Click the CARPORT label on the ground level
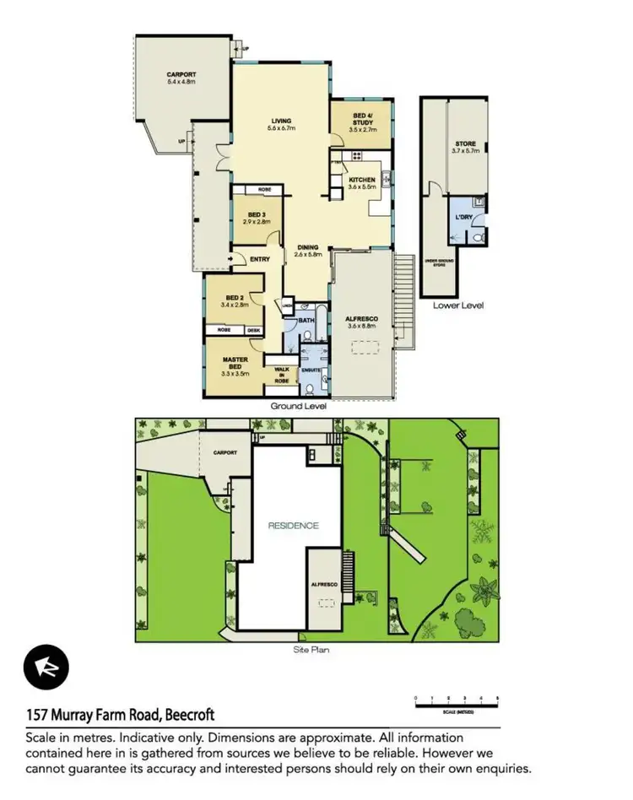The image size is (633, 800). coord(181,75)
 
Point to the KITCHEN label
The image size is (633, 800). coord(362,180)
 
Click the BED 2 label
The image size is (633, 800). coord(232,298)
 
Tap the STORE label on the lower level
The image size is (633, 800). coord(465,144)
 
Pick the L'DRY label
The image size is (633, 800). coord(463,218)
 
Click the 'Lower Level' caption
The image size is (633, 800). coord(458,305)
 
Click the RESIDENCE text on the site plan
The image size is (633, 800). coord(293,525)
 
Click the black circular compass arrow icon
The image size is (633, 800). coord(42,667)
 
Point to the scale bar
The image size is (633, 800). coord(457,701)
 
